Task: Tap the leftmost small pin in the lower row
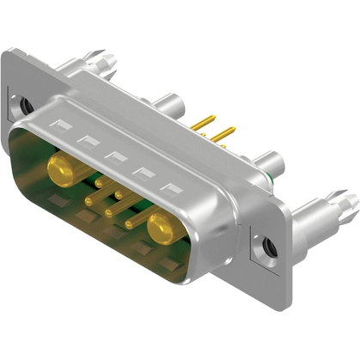click(x=90, y=201)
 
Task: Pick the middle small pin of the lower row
click(x=109, y=211)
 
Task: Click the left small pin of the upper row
click(x=101, y=182)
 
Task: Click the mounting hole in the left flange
click(x=26, y=106)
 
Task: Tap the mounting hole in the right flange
click(x=268, y=247)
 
